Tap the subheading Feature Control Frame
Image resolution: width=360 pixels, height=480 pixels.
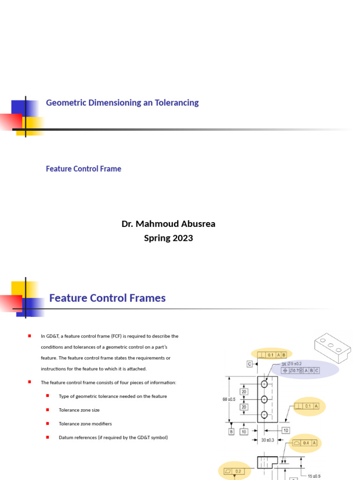click(83, 169)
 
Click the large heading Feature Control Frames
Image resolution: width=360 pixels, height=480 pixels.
click(107, 298)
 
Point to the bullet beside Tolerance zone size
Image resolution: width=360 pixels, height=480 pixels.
click(47, 410)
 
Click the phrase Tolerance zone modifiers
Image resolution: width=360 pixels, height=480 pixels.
click(85, 424)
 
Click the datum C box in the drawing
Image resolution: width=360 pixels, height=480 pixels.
click(250, 364)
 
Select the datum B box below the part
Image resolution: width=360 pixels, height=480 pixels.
click(231, 431)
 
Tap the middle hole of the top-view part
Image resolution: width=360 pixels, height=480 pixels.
click(264, 399)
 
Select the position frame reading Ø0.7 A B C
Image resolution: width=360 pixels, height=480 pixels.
click(300, 370)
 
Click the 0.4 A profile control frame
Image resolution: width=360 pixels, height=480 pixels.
click(305, 442)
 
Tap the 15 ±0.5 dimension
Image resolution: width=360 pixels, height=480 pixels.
click(314, 476)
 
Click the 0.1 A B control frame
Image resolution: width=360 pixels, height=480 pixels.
click(272, 355)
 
